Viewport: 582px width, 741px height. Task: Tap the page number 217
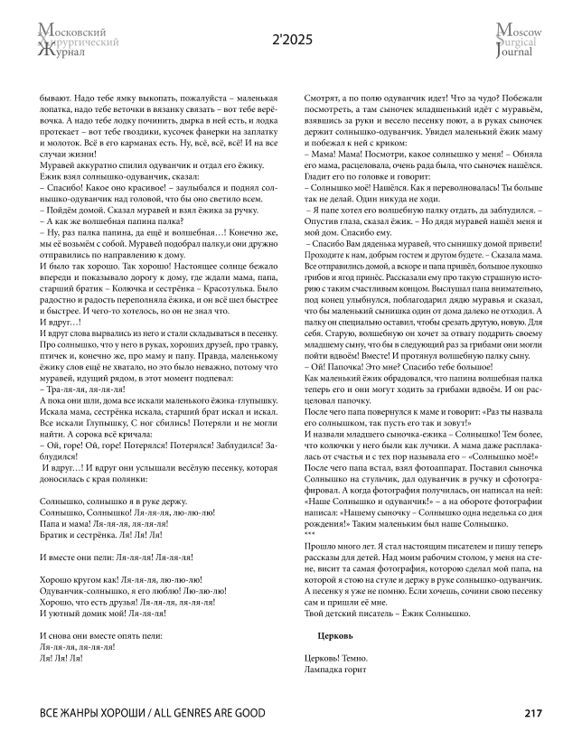click(x=532, y=713)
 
